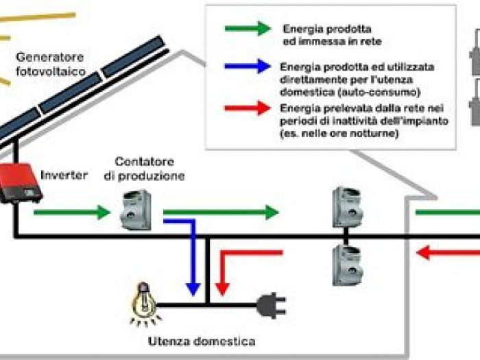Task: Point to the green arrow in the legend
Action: (x=248, y=29)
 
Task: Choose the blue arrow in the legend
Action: (x=248, y=67)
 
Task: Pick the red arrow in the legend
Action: (x=248, y=108)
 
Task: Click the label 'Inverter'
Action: (x=64, y=175)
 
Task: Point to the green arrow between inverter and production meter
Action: (x=71, y=212)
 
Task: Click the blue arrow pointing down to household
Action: (x=189, y=254)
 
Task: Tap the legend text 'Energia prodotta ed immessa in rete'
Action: (x=328, y=35)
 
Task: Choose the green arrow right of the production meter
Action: (x=219, y=212)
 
